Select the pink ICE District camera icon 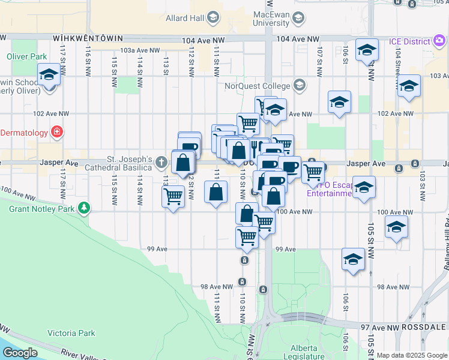click(440, 41)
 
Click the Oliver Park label click(26, 56)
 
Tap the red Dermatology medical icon click(57, 132)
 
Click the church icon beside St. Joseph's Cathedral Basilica click(161, 162)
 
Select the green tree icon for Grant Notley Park click(85, 209)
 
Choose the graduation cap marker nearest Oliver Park click(48, 75)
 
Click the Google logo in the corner click(20, 353)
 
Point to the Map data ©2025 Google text click(412, 355)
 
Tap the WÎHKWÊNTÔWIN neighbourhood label click(83, 38)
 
